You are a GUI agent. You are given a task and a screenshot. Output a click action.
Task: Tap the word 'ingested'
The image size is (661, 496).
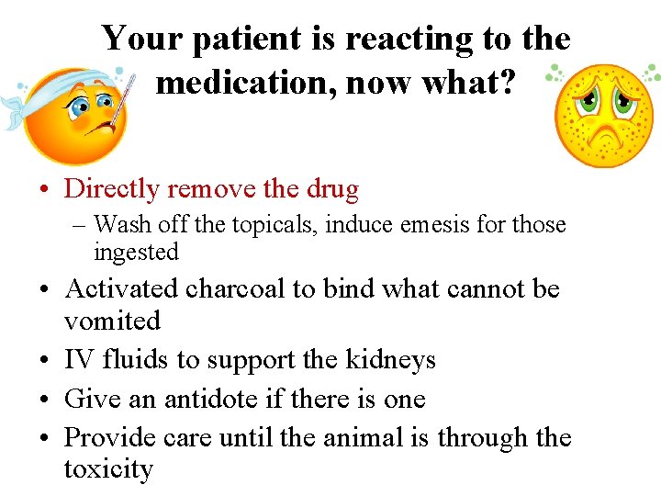135,251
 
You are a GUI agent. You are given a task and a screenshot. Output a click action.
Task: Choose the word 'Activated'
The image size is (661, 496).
121,288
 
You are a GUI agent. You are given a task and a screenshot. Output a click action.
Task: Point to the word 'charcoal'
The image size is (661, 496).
235,288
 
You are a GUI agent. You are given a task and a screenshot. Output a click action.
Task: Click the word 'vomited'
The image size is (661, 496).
112,321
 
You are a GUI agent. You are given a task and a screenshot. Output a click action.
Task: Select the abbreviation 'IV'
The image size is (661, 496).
77,360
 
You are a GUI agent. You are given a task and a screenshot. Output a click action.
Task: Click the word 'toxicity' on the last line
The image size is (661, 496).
107,469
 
